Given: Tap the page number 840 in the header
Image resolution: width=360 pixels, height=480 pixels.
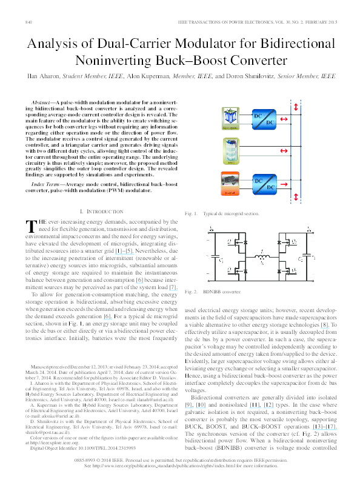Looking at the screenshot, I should pos(28,22).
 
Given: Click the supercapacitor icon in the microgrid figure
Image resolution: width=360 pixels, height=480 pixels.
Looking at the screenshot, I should pos(230,119).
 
